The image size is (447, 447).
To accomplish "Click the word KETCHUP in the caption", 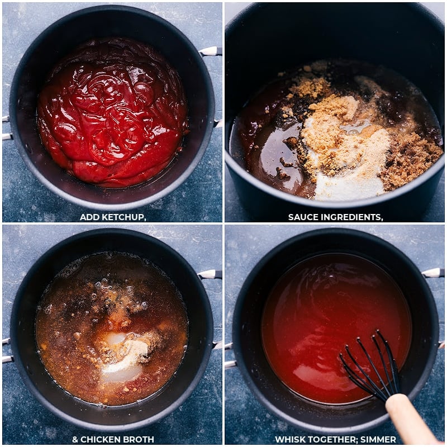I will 124,217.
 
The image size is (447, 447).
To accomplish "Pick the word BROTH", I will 140,439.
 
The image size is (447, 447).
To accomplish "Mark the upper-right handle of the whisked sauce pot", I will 433,273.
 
